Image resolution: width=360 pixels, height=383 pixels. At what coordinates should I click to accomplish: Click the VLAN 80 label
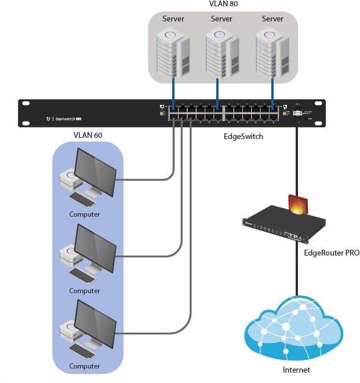click(x=223, y=4)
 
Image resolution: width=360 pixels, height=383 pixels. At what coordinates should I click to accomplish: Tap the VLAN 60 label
click(x=88, y=135)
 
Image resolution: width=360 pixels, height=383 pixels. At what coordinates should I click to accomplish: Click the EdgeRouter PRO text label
click(x=331, y=253)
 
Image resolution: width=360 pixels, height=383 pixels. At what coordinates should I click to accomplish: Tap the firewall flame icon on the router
click(x=298, y=205)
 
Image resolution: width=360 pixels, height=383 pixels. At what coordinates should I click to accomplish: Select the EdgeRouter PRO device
click(x=284, y=226)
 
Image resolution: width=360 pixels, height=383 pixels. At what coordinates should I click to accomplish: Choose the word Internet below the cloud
click(x=296, y=370)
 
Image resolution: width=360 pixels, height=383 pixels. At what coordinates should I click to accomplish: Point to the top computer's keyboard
click(x=83, y=200)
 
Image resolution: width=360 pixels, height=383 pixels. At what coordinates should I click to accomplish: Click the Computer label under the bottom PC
click(x=85, y=366)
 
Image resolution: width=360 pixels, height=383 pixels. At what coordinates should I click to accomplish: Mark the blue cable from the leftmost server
click(x=173, y=93)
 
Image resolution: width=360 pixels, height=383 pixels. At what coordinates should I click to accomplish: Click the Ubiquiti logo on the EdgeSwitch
click(x=48, y=119)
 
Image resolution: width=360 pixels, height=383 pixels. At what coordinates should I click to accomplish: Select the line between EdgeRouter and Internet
click(x=297, y=272)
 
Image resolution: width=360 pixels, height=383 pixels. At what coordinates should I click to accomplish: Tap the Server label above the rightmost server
click(x=272, y=19)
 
